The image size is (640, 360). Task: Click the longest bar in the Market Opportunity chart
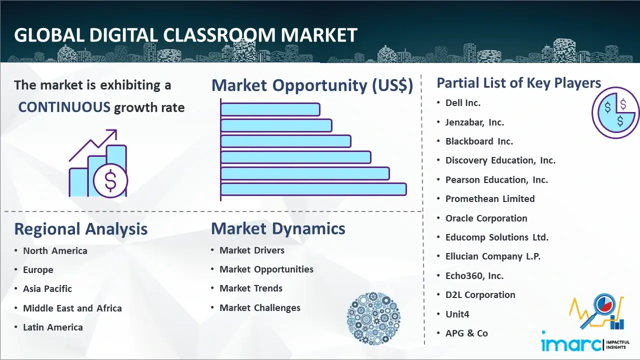tap(313, 189)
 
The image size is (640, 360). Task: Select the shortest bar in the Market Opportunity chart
tap(270, 109)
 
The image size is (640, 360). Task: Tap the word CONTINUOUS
tap(64, 107)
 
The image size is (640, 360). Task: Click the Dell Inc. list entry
tap(463, 103)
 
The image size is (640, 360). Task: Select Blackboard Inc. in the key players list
tap(479, 141)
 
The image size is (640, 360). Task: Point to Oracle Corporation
tap(486, 218)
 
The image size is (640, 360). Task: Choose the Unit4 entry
tap(457, 314)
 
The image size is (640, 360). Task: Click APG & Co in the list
tap(466, 333)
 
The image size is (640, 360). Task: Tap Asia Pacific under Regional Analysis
tap(47, 289)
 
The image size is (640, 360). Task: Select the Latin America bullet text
tap(53, 327)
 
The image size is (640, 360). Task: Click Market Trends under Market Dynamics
tap(251, 288)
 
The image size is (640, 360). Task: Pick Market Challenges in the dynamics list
tap(259, 307)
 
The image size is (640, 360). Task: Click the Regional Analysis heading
tap(81, 229)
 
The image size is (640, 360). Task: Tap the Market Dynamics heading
tap(278, 228)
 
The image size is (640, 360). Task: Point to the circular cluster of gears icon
tap(373, 318)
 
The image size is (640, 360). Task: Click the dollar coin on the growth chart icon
tap(110, 181)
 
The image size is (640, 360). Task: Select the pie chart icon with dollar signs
tap(615, 112)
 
